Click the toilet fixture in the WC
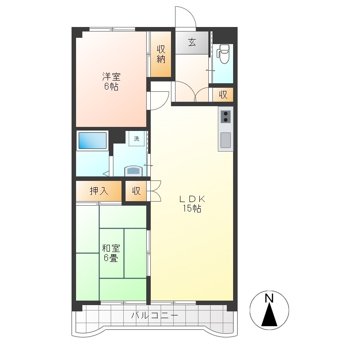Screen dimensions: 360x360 pyautogui.click(x=224, y=54)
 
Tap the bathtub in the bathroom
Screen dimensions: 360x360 pyautogui.click(x=92, y=140)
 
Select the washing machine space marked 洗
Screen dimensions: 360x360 pyautogui.click(x=137, y=139)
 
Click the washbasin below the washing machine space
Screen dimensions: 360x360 pyautogui.click(x=133, y=171)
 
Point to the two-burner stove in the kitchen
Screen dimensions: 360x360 pyautogui.click(x=225, y=117)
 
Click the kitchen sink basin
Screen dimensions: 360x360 pyautogui.click(x=225, y=140)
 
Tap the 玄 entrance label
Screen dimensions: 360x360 pyautogui.click(x=192, y=42)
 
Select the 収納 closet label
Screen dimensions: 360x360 pyautogui.click(x=161, y=54)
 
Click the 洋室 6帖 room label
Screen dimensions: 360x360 pyautogui.click(x=111, y=81)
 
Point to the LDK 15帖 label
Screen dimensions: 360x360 pyautogui.click(x=192, y=204)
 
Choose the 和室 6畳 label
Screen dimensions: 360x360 pyautogui.click(x=111, y=253)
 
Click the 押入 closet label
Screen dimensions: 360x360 pyautogui.click(x=99, y=191)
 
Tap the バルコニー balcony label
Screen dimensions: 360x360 pyautogui.click(x=154, y=315)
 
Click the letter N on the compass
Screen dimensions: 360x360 pyautogui.click(x=269, y=298)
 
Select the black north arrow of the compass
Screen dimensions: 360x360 pyautogui.click(x=269, y=315)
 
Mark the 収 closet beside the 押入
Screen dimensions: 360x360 pyautogui.click(x=136, y=191)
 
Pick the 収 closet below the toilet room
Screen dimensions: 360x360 pyautogui.click(x=223, y=94)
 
